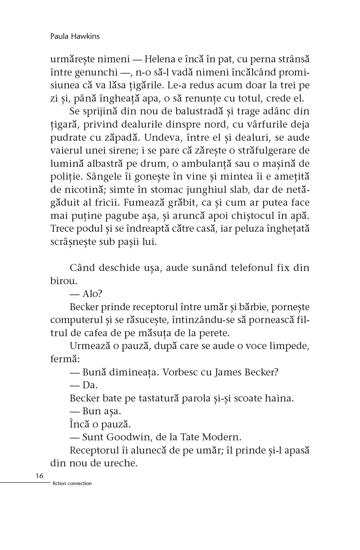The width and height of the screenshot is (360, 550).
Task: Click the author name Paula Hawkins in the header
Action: pos(75,36)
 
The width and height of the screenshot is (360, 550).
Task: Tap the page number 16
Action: pos(40,476)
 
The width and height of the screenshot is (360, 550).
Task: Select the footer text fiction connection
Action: pos(72,483)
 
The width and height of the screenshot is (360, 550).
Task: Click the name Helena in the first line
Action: pos(159,59)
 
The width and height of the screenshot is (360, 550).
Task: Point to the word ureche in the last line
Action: pos(119,463)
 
